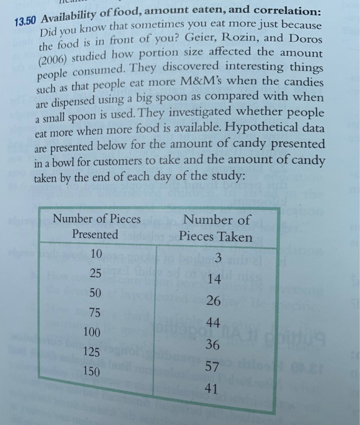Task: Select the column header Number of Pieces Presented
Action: (x=97, y=226)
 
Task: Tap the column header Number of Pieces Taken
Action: (x=216, y=228)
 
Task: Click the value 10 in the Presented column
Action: (x=95, y=253)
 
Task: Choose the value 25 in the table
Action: (x=95, y=273)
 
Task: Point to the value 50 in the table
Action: (x=95, y=293)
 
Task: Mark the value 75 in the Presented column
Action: (x=95, y=313)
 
